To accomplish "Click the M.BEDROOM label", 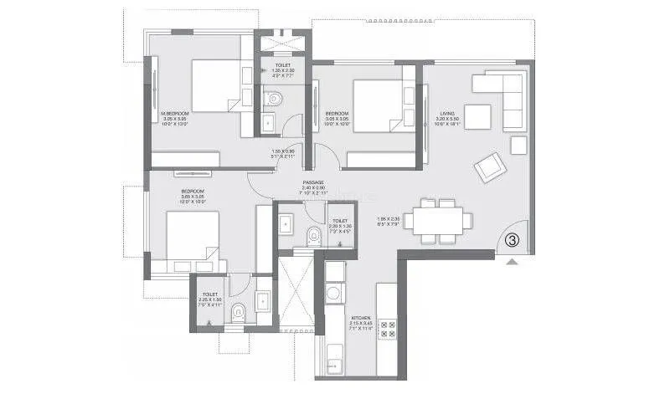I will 176,113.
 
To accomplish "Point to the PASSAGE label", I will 313,182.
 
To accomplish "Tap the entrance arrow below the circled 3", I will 513,260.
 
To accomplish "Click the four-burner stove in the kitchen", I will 388,328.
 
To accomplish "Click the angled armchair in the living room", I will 489,167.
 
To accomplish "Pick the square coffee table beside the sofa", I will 478,115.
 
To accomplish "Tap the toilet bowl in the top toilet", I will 273,98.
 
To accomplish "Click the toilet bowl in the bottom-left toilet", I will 239,313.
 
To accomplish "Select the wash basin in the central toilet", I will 286,222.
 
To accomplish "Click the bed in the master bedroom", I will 214,85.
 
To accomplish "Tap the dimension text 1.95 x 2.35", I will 389,220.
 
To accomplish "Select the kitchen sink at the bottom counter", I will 335,362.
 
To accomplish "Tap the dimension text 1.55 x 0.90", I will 283,153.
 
